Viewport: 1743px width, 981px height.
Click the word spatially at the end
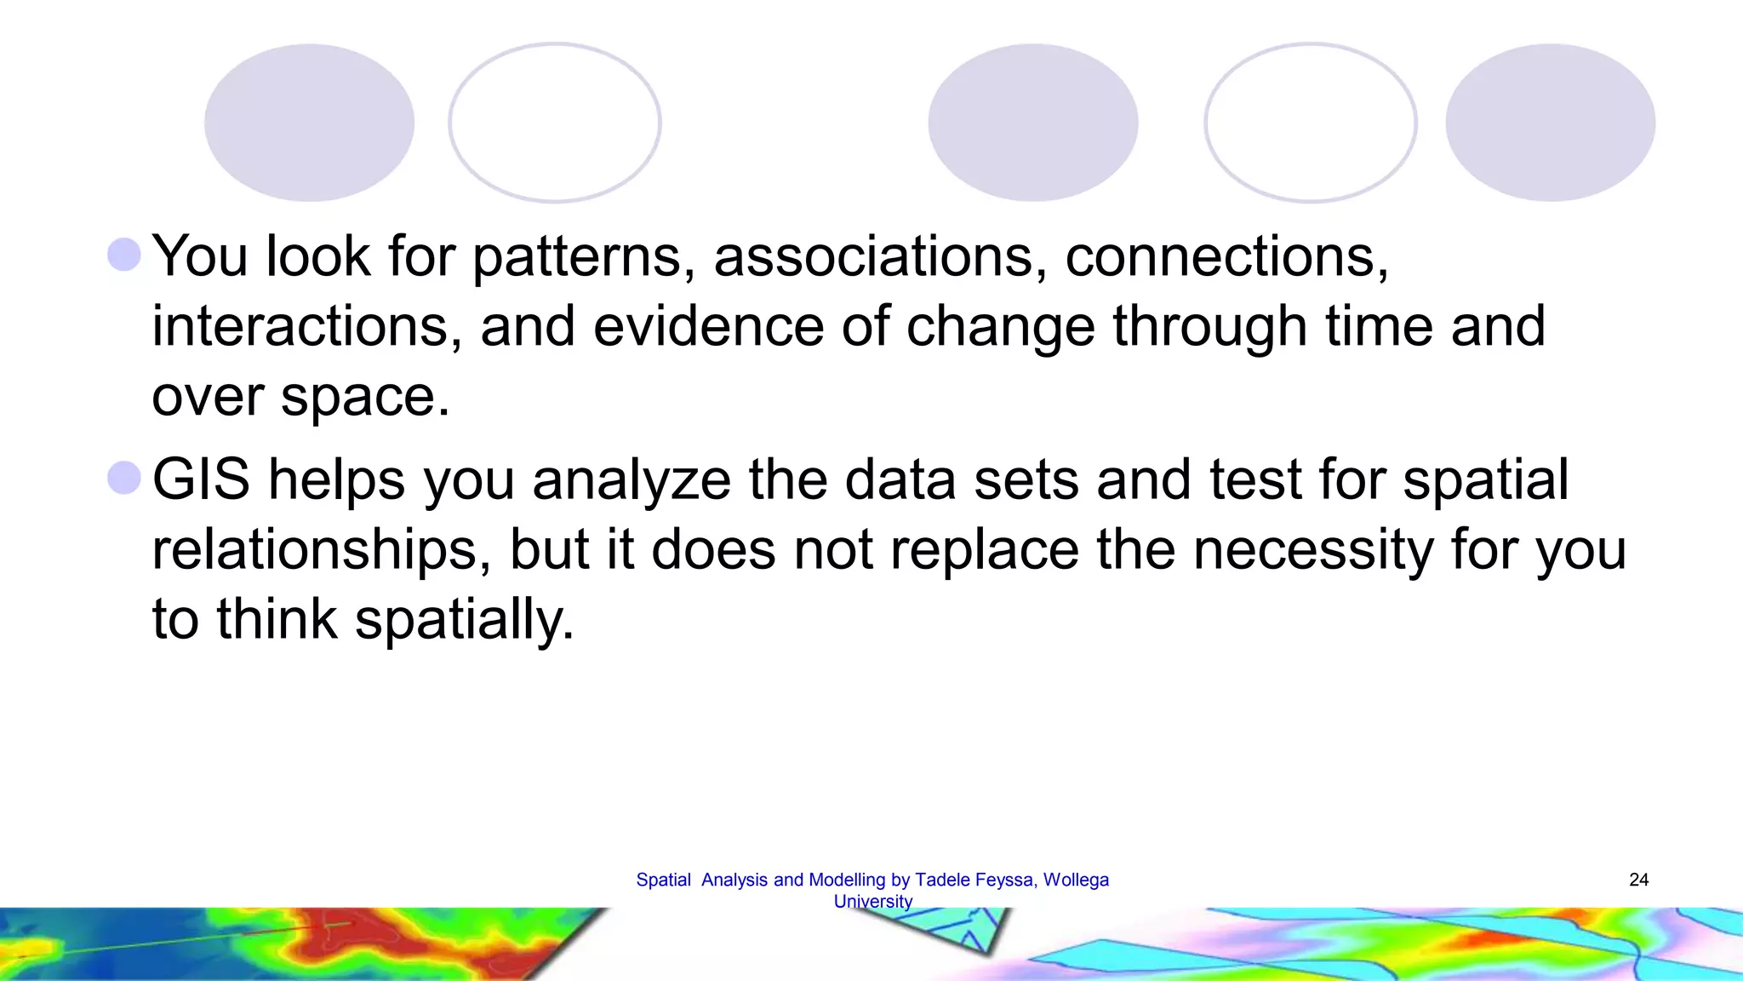(465, 620)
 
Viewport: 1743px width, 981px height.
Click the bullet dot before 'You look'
(124, 255)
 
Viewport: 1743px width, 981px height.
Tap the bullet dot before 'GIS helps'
(124, 478)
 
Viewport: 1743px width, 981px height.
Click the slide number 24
(1638, 880)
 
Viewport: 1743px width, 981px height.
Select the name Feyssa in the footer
(1007, 880)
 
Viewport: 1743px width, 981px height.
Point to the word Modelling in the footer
(847, 880)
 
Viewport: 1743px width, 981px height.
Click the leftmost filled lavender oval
(309, 123)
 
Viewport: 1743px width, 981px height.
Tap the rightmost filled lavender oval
(1550, 123)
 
